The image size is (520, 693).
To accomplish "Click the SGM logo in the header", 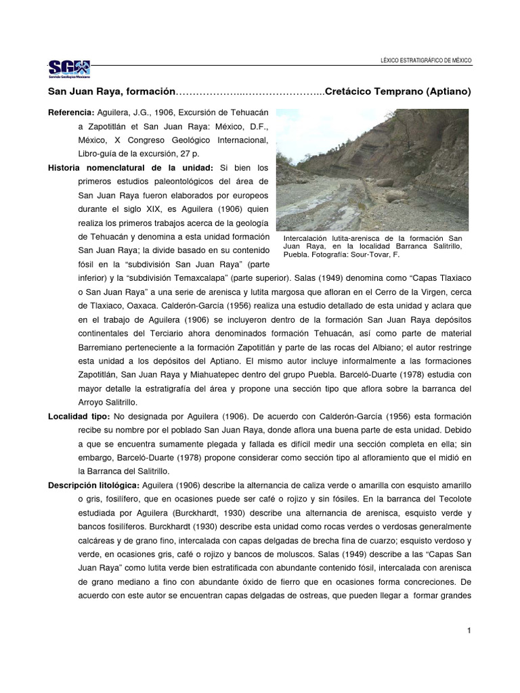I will pos(68,68).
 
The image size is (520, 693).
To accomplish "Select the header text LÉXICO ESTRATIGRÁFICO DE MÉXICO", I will pos(427,61).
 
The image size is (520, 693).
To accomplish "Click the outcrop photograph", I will pos(372,169).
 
